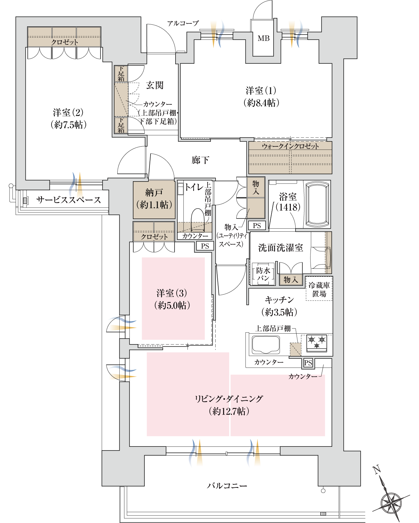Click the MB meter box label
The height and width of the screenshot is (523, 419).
point(263,38)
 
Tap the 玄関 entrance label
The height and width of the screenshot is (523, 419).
point(155,85)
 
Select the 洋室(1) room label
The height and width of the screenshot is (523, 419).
point(261,91)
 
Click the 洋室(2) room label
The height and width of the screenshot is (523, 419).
point(68,113)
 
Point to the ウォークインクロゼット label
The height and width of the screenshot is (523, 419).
point(290,146)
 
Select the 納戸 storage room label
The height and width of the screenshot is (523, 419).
point(154,193)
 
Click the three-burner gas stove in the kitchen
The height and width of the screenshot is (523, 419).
point(317,342)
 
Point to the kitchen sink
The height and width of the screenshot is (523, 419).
point(266,344)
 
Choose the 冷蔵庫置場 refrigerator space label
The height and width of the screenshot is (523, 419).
point(319,290)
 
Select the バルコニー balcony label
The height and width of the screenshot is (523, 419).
point(227,486)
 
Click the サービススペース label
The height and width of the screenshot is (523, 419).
point(68,200)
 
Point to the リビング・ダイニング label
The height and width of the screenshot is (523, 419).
point(229,399)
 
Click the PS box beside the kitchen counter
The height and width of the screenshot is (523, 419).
point(308,363)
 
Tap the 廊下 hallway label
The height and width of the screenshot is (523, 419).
point(200,160)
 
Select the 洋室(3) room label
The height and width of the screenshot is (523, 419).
point(172,293)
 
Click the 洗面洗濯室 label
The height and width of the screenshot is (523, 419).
point(280,248)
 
